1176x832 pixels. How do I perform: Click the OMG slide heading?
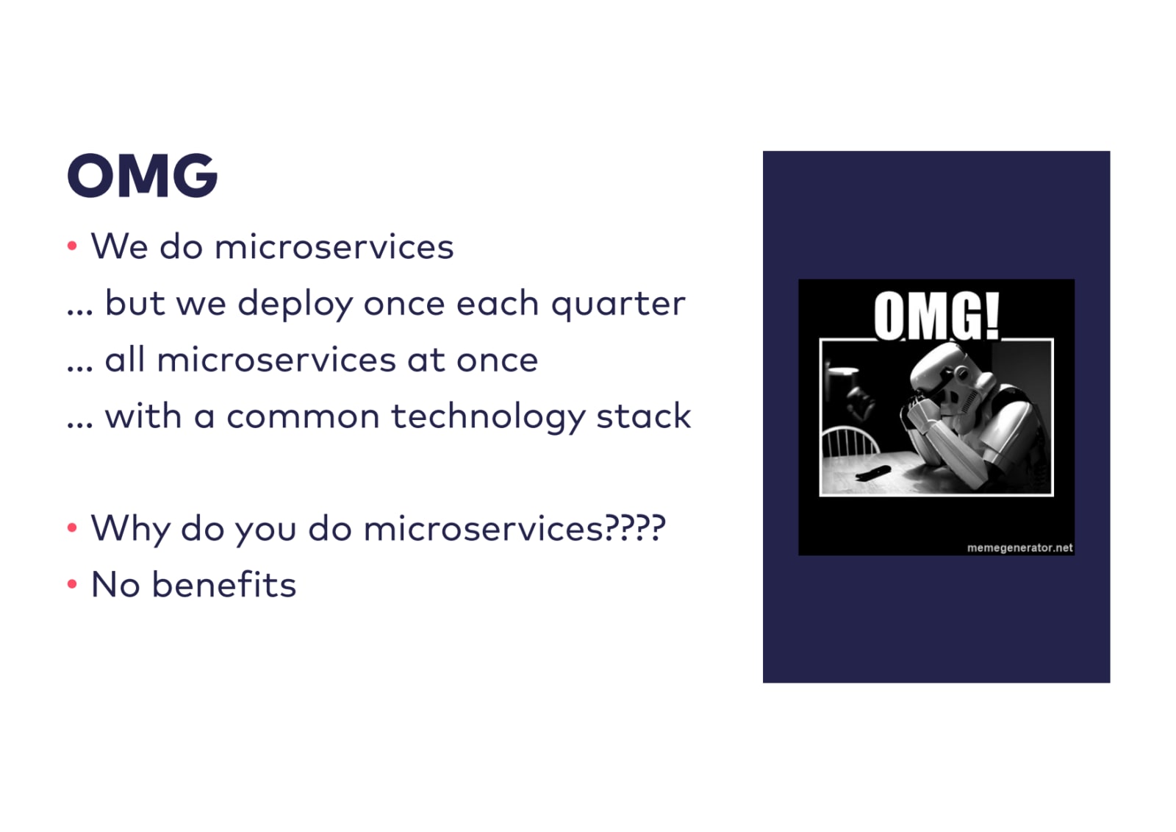[x=143, y=176]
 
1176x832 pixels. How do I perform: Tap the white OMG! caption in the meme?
[x=936, y=316]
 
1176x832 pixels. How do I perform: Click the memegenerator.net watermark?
[x=1019, y=547]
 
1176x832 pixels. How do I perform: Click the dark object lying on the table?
[x=873, y=472]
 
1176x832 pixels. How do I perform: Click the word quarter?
[x=618, y=305]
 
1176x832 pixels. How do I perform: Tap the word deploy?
[x=295, y=303]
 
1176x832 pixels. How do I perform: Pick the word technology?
[x=488, y=417]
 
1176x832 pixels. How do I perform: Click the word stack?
[x=644, y=416]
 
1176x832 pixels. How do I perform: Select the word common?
[x=303, y=417]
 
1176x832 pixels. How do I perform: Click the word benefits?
[x=224, y=584]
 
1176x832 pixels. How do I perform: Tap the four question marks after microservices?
[x=635, y=527]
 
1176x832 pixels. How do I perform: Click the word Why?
[x=129, y=529]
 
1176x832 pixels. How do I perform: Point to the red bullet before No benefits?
[x=73, y=583]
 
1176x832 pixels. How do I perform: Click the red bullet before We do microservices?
[x=73, y=245]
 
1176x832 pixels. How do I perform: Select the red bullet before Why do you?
[x=73, y=527]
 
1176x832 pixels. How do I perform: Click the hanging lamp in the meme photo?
[x=842, y=371]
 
